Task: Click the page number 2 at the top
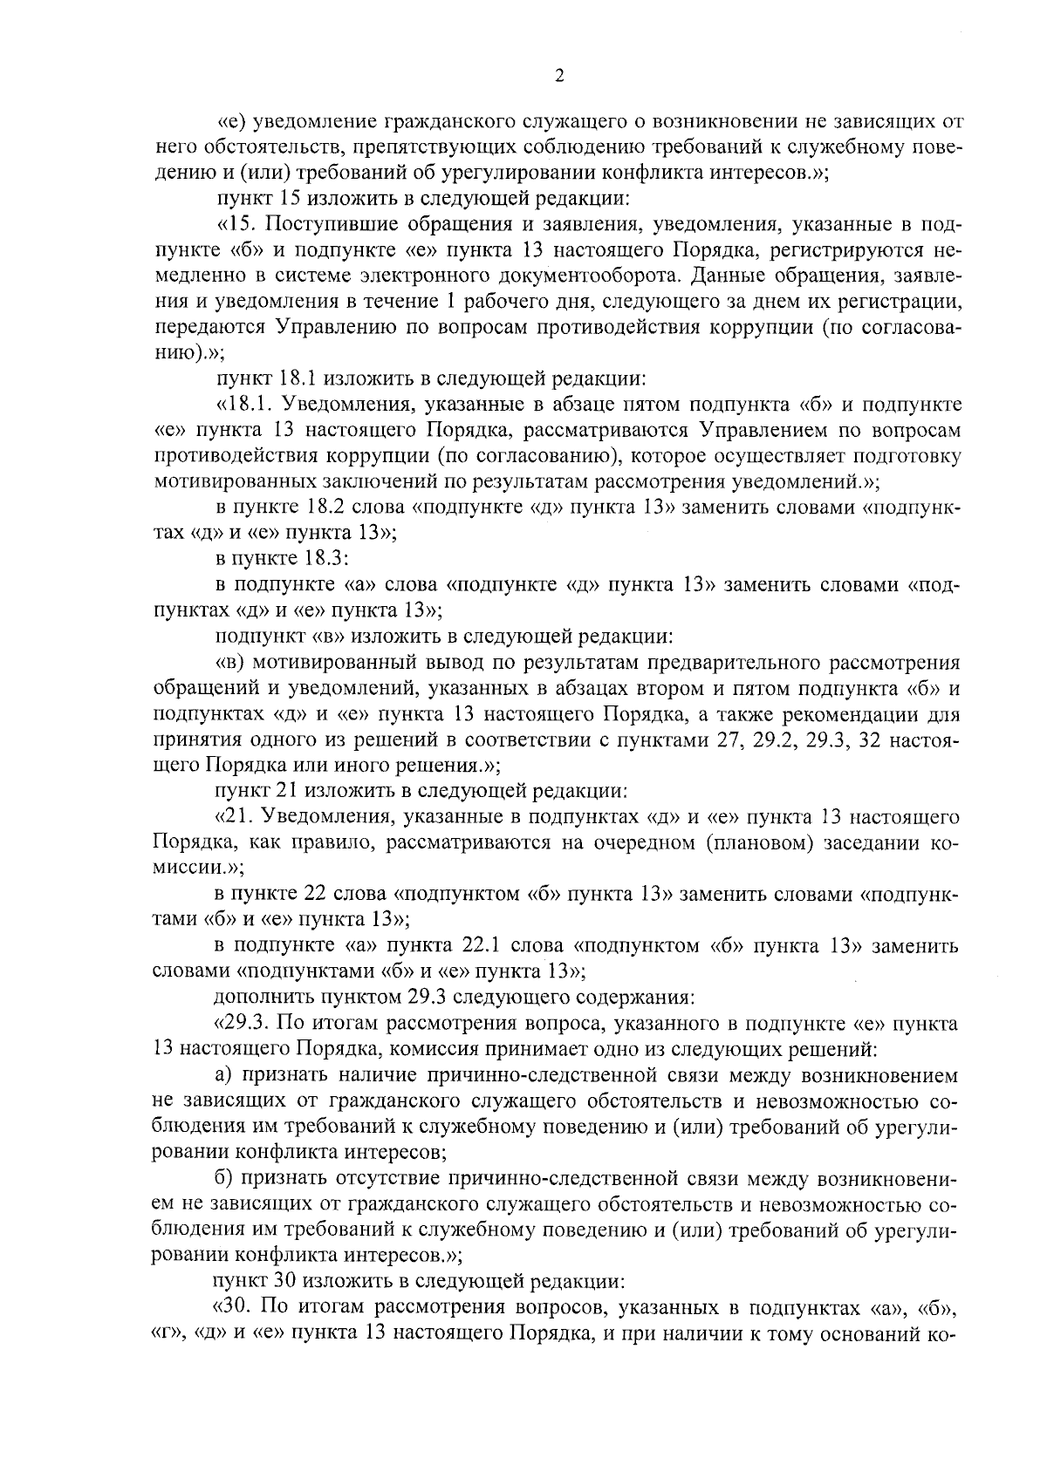[559, 76]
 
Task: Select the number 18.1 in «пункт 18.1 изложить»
[304, 379]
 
